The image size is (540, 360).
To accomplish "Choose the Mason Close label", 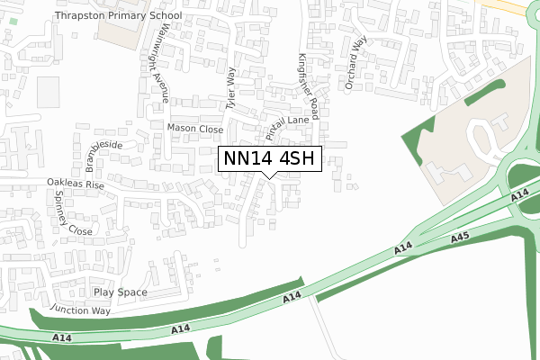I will [x=194, y=129].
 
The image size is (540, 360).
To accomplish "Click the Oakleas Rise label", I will [x=76, y=184].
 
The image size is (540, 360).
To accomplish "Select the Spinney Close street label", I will [x=73, y=213].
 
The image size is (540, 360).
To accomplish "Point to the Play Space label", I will [x=120, y=292].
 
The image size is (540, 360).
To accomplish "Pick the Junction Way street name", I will [x=80, y=310].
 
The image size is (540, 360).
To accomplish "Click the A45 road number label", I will [x=460, y=237].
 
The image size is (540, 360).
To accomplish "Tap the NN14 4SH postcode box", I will [x=268, y=158].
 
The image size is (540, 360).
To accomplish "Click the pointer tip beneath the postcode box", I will [x=268, y=177].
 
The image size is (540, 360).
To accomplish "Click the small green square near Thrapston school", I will [x=12, y=20].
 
